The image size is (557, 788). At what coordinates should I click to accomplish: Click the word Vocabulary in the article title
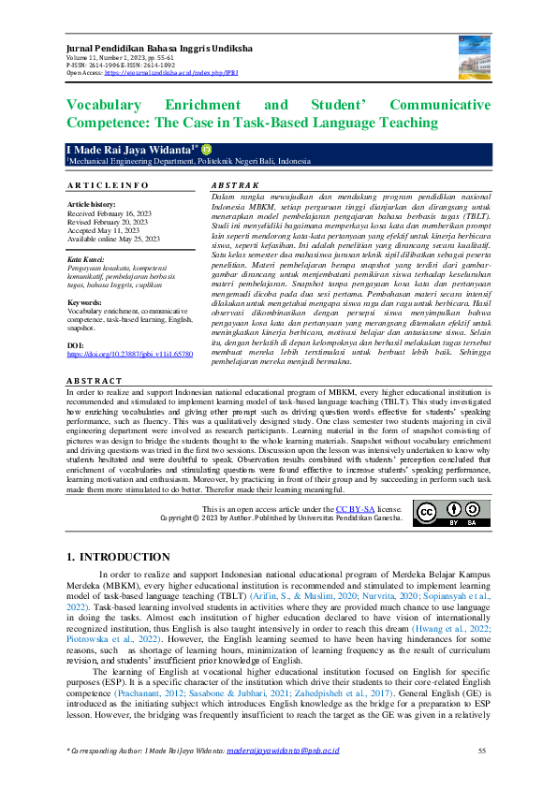pos(108,106)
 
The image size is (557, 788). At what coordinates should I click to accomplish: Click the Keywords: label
pos(86,303)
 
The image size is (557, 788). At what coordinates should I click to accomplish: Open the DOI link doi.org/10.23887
pos(130,356)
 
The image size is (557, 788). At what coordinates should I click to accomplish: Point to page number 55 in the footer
pos(483,751)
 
